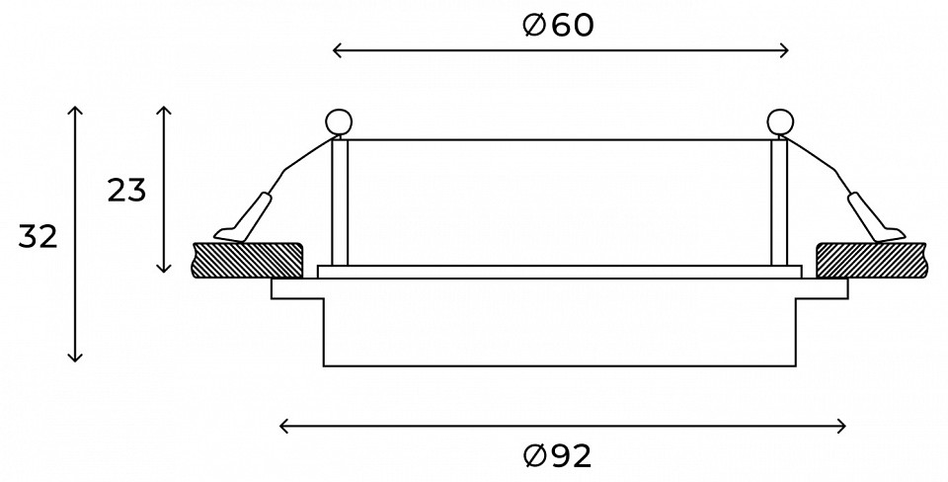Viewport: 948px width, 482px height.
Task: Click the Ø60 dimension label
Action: (x=558, y=26)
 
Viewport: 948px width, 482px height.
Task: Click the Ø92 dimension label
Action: (x=557, y=456)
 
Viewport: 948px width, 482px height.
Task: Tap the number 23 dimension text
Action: (x=127, y=191)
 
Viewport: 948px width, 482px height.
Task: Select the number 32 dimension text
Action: (x=38, y=236)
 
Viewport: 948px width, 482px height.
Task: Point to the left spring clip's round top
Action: (x=339, y=121)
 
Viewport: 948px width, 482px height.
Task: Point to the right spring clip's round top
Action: (x=780, y=121)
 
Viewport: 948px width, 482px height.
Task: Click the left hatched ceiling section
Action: (x=247, y=261)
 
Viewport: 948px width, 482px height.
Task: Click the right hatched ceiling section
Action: (x=871, y=261)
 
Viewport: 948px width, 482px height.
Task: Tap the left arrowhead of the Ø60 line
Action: (x=335, y=50)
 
